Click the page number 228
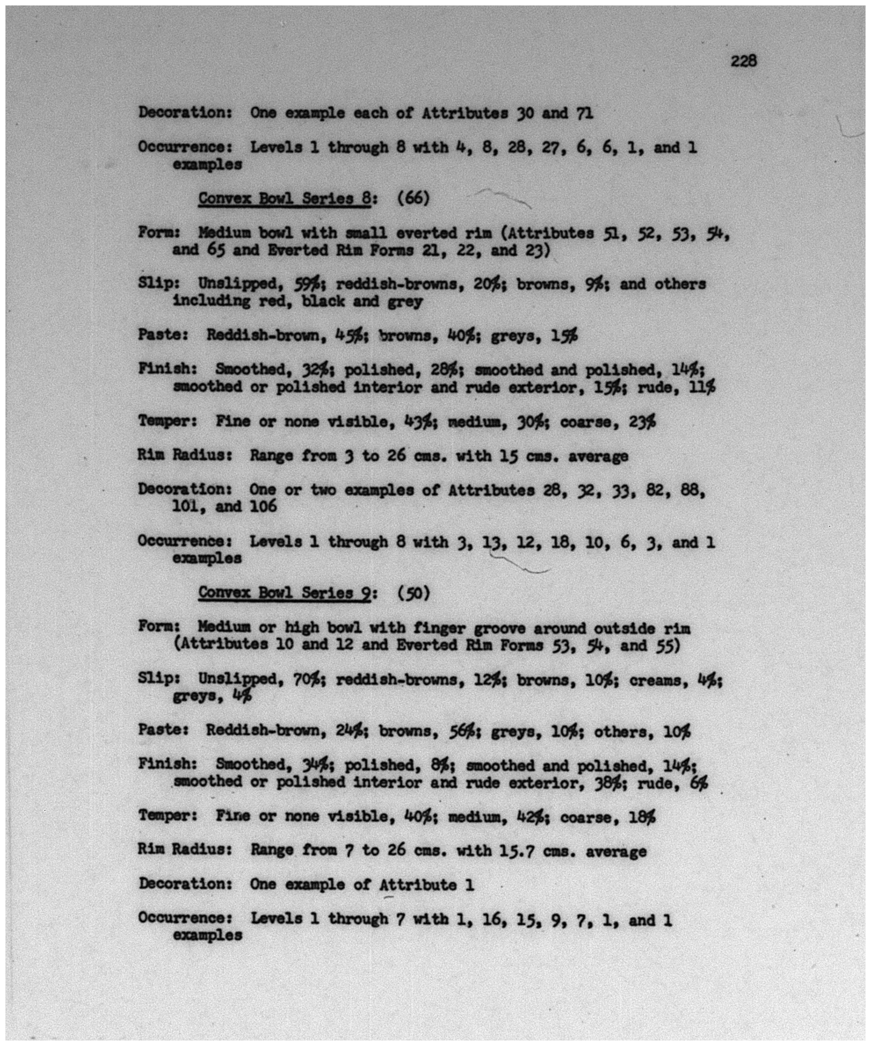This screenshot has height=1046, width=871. point(743,61)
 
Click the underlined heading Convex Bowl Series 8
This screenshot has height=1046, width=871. point(284,198)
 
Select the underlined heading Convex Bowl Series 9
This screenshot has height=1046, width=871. point(284,593)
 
